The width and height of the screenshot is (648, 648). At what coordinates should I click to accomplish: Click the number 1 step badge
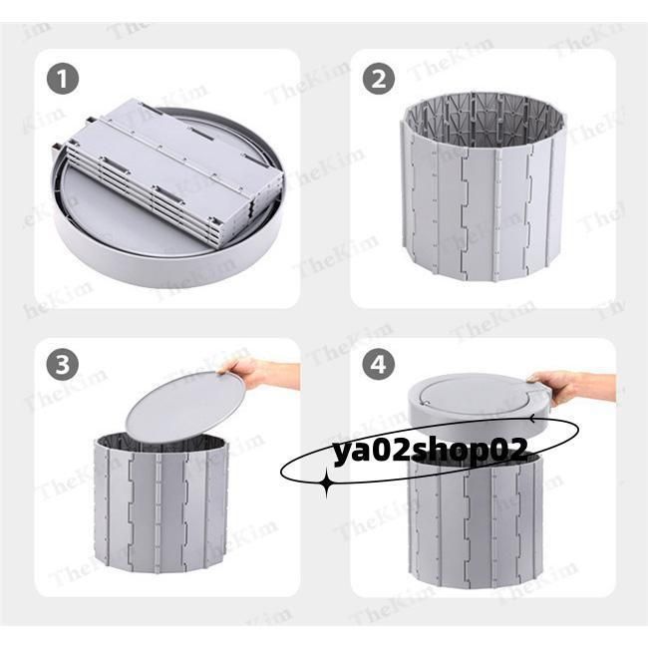click(x=63, y=79)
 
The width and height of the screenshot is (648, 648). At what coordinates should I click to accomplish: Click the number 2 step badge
click(x=379, y=79)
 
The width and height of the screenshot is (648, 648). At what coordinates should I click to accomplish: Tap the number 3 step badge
click(x=63, y=365)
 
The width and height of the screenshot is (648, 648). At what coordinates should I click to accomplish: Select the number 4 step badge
click(x=379, y=365)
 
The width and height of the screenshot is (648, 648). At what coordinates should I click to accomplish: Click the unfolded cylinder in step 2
click(x=484, y=186)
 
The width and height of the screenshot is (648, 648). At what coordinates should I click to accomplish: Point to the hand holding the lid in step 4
click(x=574, y=387)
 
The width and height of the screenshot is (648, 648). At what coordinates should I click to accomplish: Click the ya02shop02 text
click(x=431, y=451)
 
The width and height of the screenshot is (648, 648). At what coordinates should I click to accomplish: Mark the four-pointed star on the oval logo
click(x=327, y=482)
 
